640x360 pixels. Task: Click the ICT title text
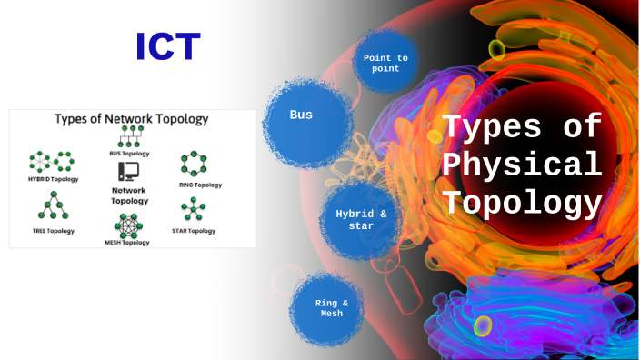[168, 46]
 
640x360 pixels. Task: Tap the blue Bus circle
[301, 115]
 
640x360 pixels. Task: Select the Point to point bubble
[385, 63]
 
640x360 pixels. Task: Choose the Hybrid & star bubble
[361, 220]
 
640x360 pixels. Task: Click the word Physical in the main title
[521, 165]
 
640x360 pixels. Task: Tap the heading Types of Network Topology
[131, 119]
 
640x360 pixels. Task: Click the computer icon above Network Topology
[129, 170]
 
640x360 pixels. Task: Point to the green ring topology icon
[193, 165]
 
